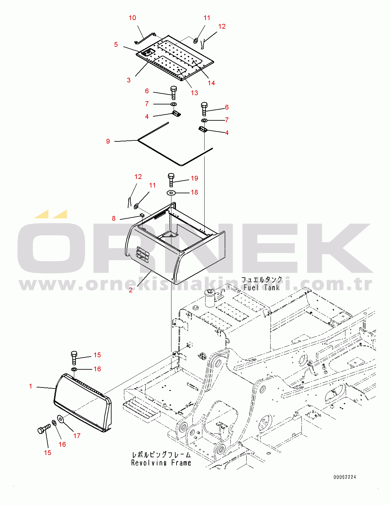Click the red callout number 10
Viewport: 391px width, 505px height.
[132, 18]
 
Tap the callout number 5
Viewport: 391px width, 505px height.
[116, 45]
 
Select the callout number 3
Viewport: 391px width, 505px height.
[129, 80]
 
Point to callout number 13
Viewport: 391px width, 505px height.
[194, 93]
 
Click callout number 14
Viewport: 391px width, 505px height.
[211, 83]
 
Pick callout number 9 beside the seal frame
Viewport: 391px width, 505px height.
[108, 141]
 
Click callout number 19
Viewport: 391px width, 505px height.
[194, 178]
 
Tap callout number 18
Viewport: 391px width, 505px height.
[194, 192]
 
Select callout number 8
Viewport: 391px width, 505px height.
[114, 218]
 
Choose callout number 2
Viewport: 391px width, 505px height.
[131, 290]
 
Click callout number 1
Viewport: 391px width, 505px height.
[31, 386]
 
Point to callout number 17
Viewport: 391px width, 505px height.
[77, 436]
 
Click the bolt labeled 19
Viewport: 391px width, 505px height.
[171, 180]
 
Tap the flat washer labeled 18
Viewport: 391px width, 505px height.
[171, 193]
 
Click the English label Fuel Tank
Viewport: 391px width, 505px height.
[262, 288]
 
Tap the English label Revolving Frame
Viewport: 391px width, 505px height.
[161, 463]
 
